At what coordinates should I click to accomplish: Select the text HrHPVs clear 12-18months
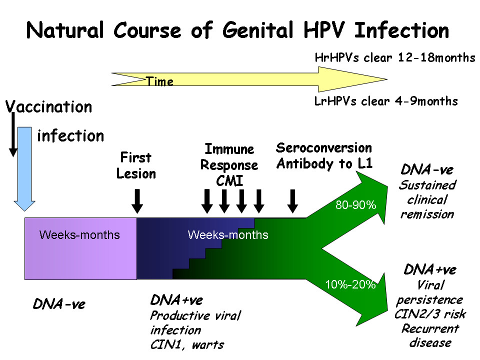395,58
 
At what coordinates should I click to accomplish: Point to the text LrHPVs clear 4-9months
386,101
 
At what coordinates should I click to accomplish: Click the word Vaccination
49,107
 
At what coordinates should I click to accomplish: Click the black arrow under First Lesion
138,200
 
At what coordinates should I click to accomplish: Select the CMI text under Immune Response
229,180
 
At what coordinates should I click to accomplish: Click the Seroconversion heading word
324,148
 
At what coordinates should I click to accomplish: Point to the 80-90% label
355,204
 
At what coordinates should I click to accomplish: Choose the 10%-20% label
350,285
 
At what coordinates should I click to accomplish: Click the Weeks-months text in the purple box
79,234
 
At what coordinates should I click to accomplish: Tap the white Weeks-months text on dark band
228,235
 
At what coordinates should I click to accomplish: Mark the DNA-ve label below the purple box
59,304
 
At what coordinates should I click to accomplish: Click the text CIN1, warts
187,344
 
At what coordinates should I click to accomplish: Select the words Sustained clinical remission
427,199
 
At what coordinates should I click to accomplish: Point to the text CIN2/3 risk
426,314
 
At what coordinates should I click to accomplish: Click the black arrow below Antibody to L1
293,200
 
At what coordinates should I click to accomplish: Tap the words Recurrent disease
430,335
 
